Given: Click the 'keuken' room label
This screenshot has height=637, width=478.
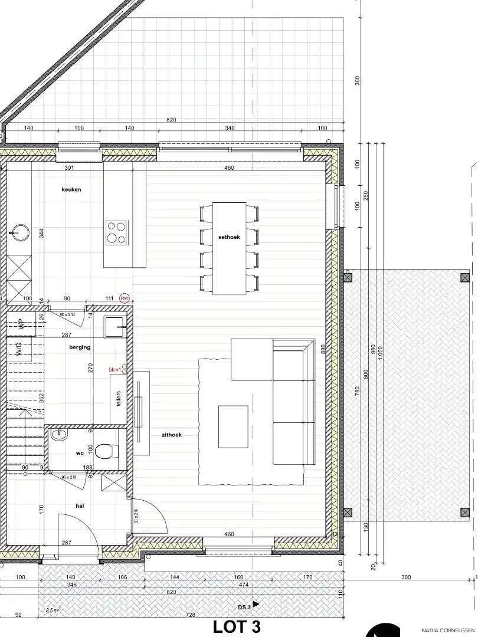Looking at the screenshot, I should pos(71,189).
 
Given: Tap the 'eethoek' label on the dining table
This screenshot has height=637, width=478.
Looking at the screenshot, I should pos(229,237).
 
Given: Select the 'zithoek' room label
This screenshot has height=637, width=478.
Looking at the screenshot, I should pos(172,435).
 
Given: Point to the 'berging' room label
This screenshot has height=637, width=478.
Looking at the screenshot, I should pos(80,347).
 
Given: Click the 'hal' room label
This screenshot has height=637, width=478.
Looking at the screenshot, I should pos(80,505).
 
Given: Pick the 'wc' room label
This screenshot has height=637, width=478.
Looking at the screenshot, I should pos(80,454).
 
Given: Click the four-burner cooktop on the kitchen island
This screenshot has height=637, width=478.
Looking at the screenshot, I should pos(116,232).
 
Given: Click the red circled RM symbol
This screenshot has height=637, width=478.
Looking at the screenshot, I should pos(125,298).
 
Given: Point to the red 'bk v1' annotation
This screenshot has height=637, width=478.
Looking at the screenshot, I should pos(114,370).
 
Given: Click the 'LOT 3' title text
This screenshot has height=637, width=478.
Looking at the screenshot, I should pos(237,626).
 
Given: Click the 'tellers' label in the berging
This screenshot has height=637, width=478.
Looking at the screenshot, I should pos(119,399).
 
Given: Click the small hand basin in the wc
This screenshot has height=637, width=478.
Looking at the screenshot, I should pos(58,435).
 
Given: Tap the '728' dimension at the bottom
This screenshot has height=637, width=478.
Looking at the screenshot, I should pos(191,615).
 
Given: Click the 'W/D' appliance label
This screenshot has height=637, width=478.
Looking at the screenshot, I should pos(19,349).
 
